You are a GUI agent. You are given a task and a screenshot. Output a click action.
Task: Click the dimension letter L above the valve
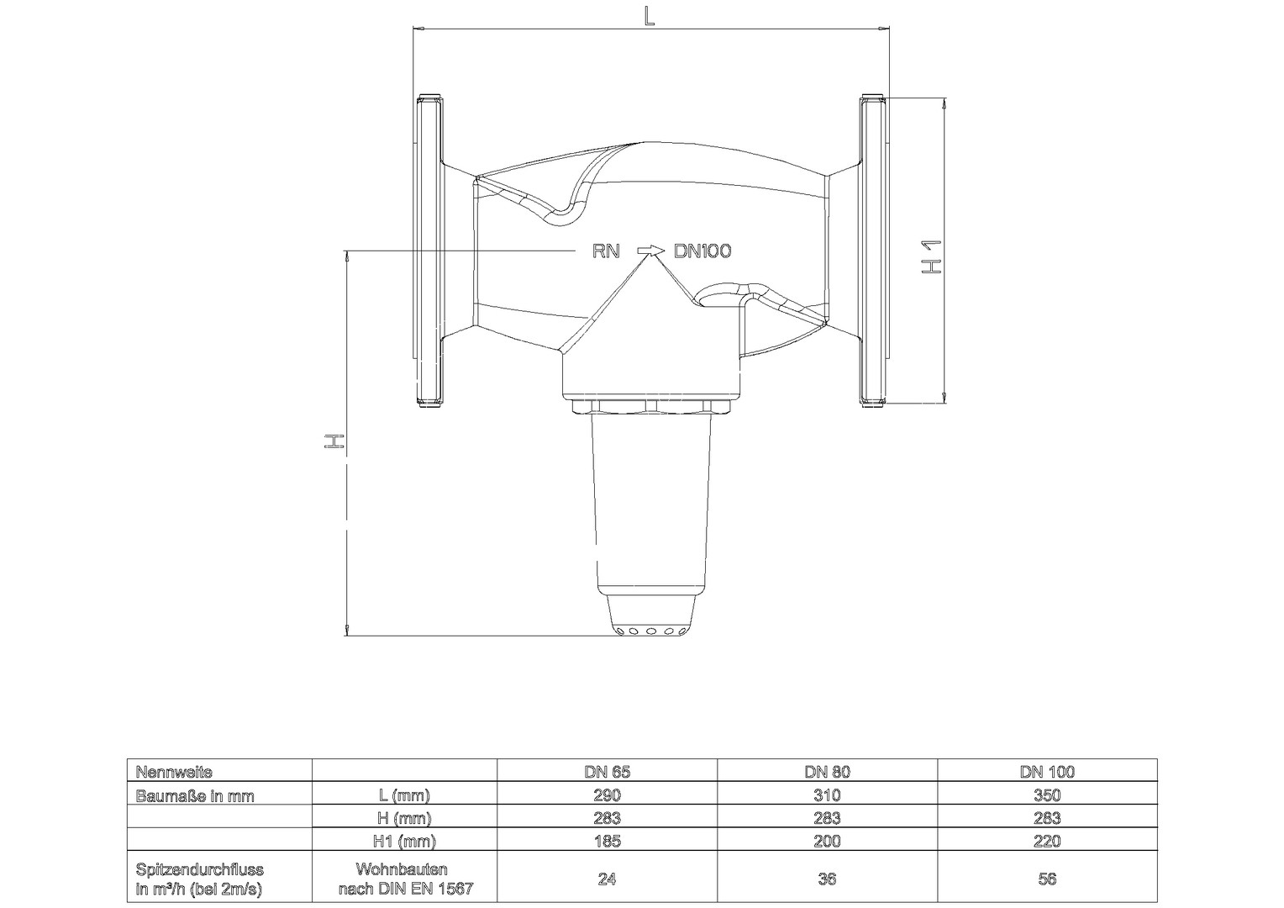pyautogui.click(x=649, y=17)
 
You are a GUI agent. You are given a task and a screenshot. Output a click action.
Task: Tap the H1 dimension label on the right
pyautogui.click(x=931, y=256)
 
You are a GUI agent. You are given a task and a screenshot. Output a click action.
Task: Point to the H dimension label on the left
pyautogui.click(x=334, y=441)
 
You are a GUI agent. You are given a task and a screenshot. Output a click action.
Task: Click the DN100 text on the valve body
pyautogui.click(x=703, y=251)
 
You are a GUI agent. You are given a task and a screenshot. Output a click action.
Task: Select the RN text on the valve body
pyautogui.click(x=606, y=251)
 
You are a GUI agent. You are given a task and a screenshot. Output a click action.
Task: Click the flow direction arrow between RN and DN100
pyautogui.click(x=650, y=250)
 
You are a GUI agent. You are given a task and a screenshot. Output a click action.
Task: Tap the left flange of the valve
pyautogui.click(x=429, y=251)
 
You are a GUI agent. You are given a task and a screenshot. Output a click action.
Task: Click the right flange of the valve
pyautogui.click(x=874, y=251)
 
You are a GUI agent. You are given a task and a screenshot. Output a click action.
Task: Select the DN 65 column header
pyautogui.click(x=607, y=772)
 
